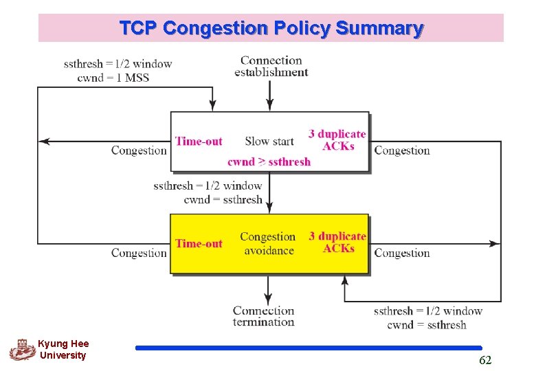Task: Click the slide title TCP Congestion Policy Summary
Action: click(271, 28)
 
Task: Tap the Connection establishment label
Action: click(271, 66)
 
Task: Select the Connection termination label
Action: click(263, 316)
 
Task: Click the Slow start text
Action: click(269, 142)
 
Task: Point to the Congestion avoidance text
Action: click(268, 243)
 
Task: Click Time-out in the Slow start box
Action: click(199, 142)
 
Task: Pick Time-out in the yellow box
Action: click(199, 243)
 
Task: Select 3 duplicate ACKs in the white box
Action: click(337, 139)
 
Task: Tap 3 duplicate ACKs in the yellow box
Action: click(337, 242)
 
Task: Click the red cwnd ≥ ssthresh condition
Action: click(269, 162)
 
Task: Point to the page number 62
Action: click(485, 360)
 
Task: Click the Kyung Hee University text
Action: click(63, 350)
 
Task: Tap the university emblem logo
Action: click(21, 350)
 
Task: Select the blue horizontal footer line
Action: click(309, 348)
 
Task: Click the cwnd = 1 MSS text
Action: click(113, 78)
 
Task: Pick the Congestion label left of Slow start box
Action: click(139, 150)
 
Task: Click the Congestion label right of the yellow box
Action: click(402, 253)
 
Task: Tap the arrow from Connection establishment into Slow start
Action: click(270, 96)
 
